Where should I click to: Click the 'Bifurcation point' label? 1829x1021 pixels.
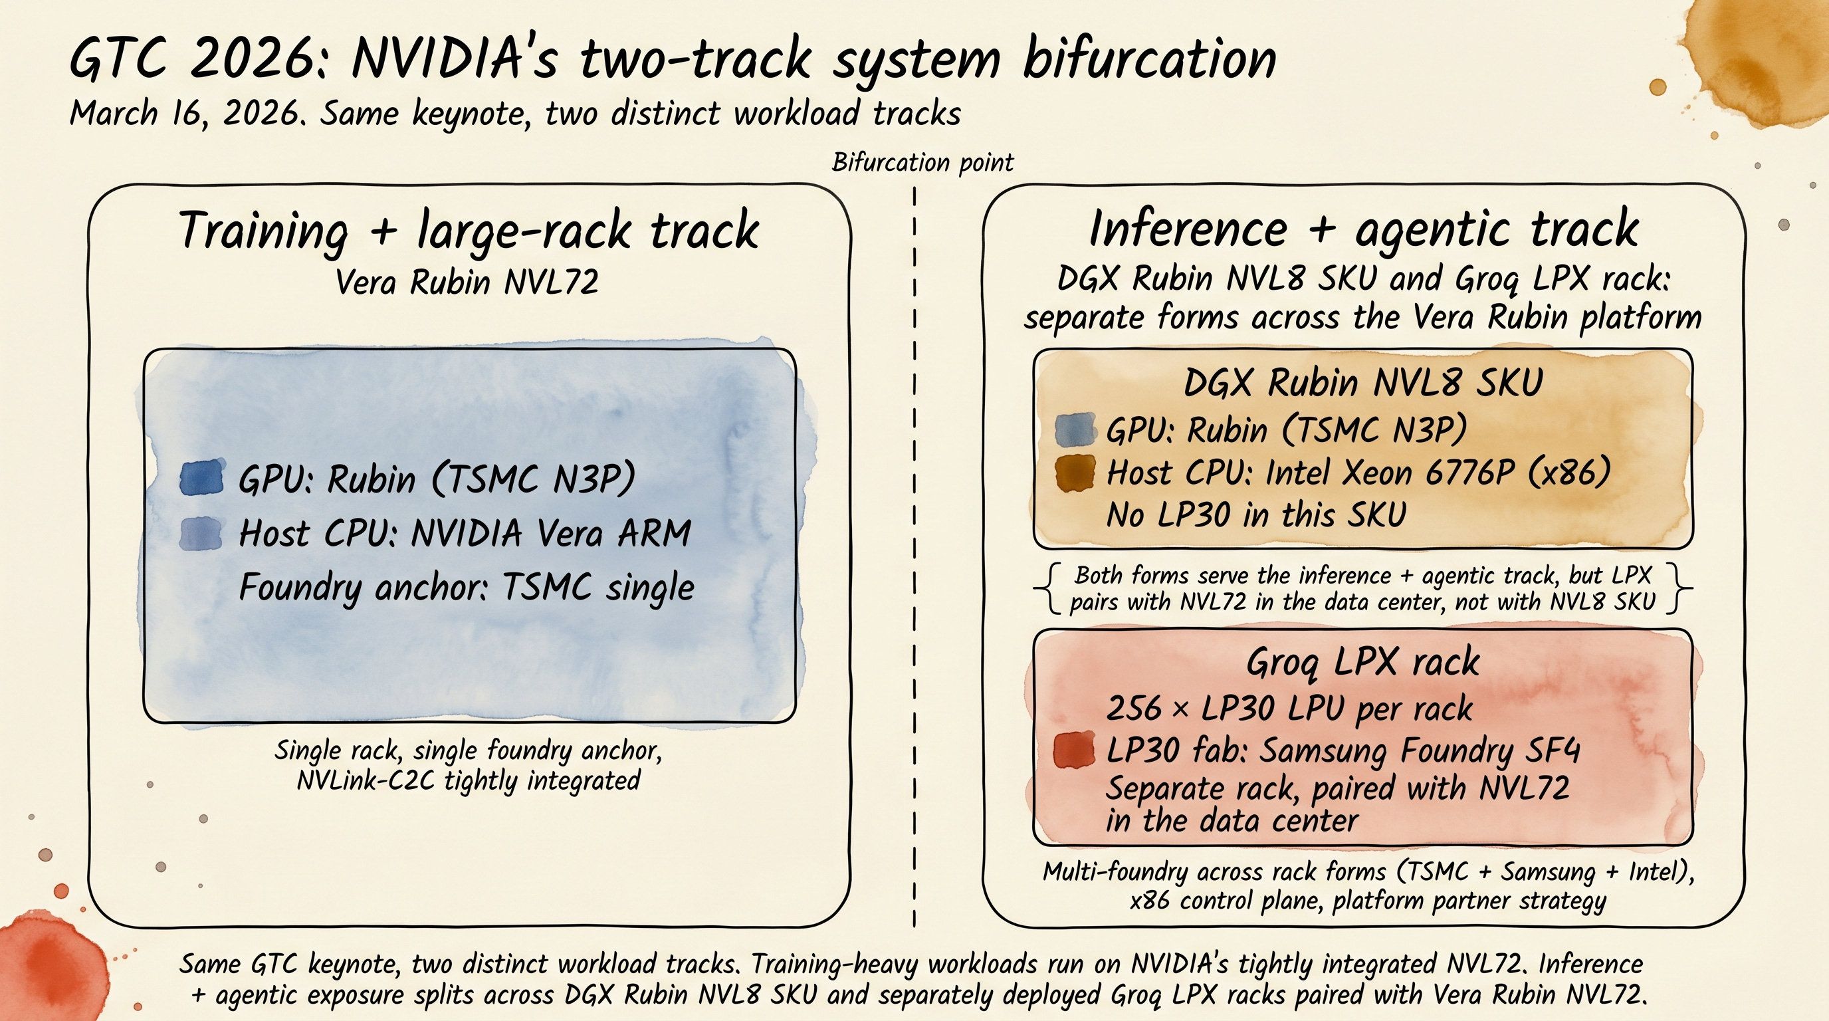[922, 163]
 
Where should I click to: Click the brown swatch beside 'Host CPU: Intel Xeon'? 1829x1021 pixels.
[1074, 473]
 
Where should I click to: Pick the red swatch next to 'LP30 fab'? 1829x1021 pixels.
[1073, 750]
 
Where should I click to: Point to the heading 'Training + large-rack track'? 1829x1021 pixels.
[469, 230]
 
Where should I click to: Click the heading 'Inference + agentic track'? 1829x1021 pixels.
[1363, 229]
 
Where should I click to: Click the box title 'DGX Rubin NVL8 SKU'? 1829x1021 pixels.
[1362, 383]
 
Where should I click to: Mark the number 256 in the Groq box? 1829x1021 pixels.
[1133, 708]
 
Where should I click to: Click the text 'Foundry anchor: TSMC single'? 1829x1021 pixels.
[467, 587]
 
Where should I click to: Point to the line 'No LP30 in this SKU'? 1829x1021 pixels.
[1255, 514]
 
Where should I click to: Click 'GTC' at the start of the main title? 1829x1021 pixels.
[117, 59]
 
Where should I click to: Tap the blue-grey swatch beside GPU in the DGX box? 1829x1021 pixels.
[1074, 429]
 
